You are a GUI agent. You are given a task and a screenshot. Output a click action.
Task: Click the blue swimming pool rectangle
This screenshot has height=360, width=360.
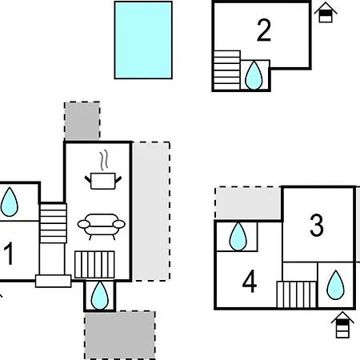click(143, 40)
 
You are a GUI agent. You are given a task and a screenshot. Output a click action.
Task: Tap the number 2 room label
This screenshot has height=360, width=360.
click(264, 30)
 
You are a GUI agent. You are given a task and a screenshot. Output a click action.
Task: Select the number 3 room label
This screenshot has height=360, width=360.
click(317, 226)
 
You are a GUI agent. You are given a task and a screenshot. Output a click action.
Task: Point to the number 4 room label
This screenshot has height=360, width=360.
click(250, 282)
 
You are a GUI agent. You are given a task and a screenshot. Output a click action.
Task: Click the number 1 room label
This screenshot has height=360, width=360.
click(9, 254)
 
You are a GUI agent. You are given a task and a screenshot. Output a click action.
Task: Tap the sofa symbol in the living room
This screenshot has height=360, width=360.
click(102, 226)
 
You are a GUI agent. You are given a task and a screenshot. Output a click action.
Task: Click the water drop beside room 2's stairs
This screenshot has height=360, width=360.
click(254, 75)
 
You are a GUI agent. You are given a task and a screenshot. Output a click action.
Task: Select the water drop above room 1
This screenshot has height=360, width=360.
click(10, 202)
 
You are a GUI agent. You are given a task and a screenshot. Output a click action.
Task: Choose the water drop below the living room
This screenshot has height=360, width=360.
click(100, 295)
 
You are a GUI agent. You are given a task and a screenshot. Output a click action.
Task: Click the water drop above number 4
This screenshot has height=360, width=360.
click(238, 237)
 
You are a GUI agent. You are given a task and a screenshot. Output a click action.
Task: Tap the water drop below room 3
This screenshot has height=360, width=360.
click(335, 285)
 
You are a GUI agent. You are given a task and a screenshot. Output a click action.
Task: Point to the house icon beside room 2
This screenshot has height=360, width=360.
click(326, 12)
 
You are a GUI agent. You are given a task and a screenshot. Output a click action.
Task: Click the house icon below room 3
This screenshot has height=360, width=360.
click(342, 325)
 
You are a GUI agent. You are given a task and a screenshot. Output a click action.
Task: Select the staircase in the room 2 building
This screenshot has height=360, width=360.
click(227, 70)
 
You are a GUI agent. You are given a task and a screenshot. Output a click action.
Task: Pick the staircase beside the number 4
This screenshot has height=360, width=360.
click(297, 294)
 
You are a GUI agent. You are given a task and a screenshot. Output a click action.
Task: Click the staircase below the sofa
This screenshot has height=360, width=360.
click(94, 265)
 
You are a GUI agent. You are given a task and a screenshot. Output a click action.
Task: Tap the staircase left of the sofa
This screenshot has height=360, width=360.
click(53, 223)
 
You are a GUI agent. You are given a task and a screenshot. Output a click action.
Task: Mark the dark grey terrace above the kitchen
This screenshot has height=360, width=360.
click(82, 121)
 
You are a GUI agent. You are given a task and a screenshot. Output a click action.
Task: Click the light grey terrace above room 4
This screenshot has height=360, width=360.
click(248, 203)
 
